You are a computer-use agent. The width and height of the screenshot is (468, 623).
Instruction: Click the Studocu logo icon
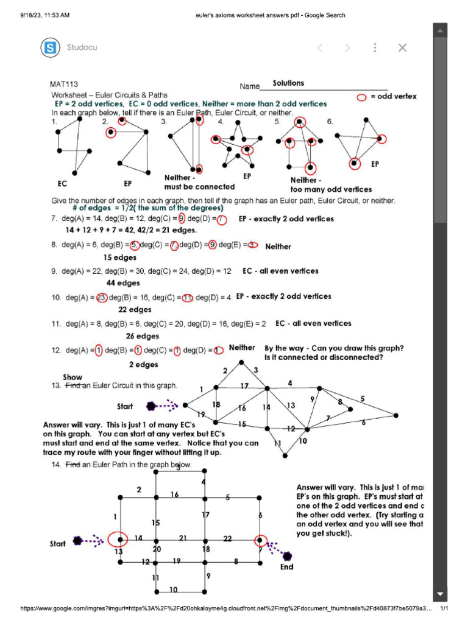point(51,47)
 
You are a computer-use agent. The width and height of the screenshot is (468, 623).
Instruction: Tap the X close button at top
point(402,47)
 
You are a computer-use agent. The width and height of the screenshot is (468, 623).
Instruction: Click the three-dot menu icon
point(375,47)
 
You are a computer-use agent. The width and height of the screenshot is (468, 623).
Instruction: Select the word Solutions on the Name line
point(288,83)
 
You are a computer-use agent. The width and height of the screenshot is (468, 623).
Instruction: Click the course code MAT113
point(64,85)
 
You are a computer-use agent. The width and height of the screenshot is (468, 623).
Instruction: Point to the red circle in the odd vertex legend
point(362,97)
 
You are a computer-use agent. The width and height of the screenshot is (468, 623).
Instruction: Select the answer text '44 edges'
point(123,283)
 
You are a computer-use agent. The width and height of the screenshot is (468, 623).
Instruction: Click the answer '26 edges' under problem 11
point(143,336)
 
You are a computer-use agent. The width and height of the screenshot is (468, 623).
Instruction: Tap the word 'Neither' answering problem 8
point(278,246)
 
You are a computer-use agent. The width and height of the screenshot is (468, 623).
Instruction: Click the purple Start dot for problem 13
point(151,406)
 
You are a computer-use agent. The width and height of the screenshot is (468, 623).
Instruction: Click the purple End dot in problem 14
point(287,555)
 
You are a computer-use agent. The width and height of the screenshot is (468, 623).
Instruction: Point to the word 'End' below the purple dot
point(286,567)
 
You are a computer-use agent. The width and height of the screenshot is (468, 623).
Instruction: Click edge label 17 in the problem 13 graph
point(244,386)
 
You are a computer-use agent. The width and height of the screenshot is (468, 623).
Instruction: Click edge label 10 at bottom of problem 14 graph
point(173,590)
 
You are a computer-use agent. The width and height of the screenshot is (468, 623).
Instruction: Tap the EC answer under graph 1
point(62,183)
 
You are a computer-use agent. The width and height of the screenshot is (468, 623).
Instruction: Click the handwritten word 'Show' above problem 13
point(73,377)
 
